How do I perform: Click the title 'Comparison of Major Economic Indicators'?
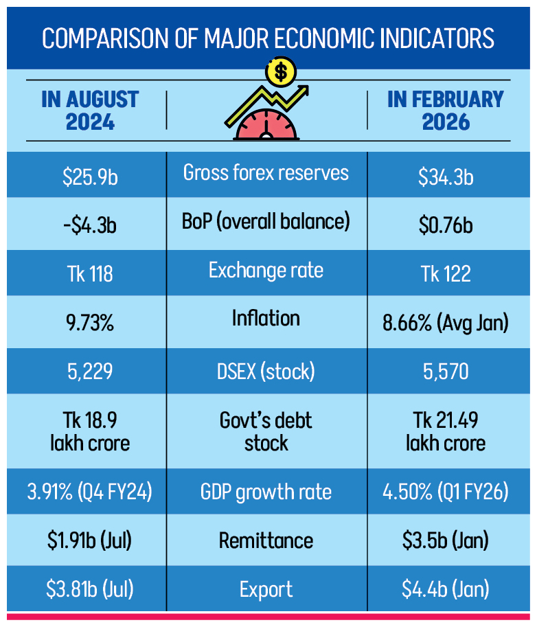pos(268,38)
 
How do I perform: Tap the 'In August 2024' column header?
pos(90,110)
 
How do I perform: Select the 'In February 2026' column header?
pos(446,110)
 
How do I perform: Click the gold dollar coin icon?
pos(280,71)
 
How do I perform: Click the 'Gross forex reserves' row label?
pos(266,173)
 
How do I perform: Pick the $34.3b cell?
pos(446,177)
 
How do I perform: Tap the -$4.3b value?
pos(90,225)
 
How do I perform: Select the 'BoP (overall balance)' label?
pos(266,221)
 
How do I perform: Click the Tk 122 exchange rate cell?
pos(446,273)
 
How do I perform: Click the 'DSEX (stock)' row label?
pos(266,372)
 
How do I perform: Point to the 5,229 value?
pos(90,372)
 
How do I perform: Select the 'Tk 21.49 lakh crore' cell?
pos(446,431)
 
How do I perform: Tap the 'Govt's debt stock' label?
pos(266,431)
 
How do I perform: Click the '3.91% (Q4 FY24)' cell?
pos(90,492)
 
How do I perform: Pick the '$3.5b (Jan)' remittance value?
pos(446,540)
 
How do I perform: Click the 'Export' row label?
pos(266,589)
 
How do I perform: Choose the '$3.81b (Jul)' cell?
pos(90,589)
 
